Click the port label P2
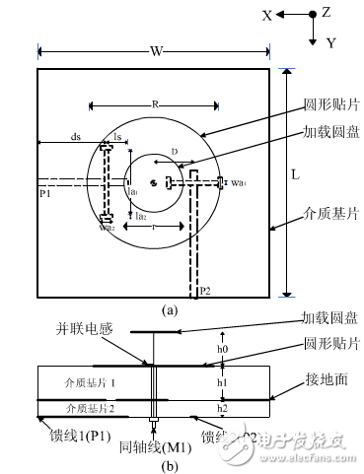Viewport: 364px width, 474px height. pos(204,292)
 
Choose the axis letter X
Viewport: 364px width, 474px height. pos(266,15)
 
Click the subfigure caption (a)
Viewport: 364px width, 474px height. pos(170,309)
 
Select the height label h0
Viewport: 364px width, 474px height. pos(223,348)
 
